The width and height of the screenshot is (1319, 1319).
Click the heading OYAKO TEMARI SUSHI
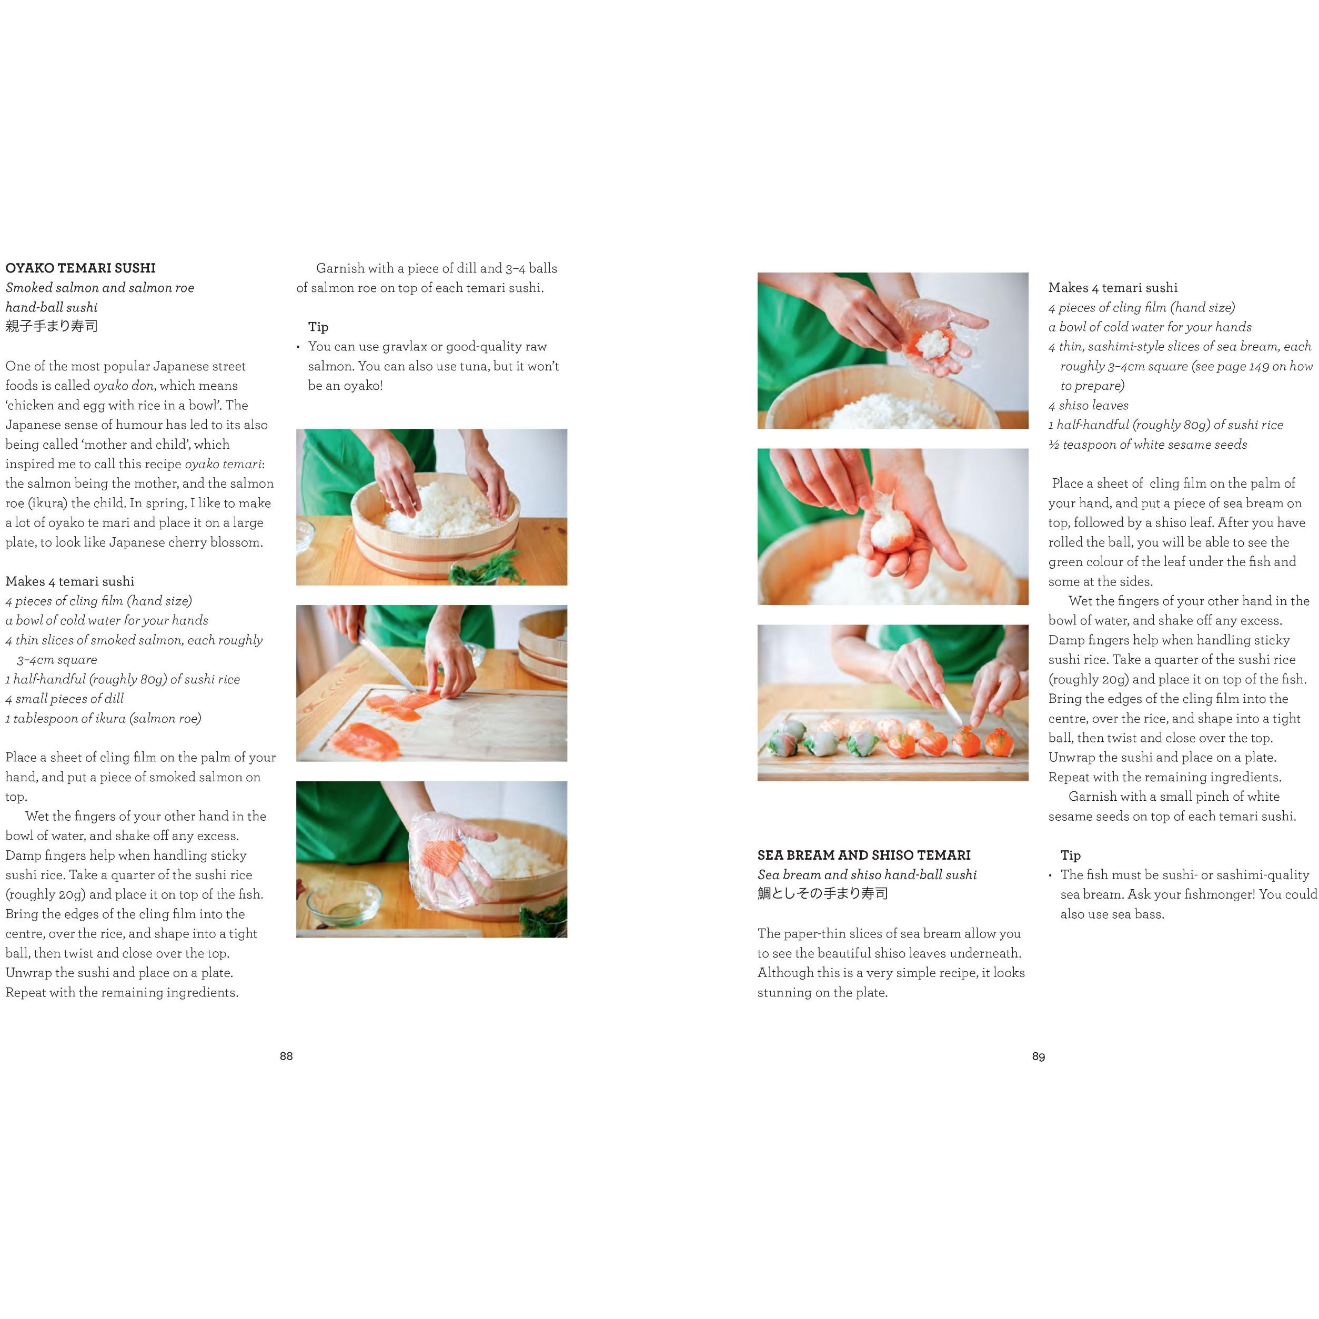(80, 268)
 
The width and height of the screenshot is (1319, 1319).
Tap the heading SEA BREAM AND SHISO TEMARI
(863, 855)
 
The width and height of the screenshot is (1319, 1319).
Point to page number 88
(286, 1056)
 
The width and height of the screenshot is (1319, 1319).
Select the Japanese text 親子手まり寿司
(52, 326)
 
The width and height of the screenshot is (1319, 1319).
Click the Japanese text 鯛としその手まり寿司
(823, 894)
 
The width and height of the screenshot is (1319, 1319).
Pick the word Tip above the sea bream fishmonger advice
(1071, 855)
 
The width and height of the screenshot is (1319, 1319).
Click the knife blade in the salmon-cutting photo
(386, 660)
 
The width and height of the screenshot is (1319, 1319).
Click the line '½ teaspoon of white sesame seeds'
(1147, 445)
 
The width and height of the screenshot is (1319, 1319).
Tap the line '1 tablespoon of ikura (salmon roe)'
(103, 718)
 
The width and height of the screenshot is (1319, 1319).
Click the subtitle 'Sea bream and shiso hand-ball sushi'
(867, 874)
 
